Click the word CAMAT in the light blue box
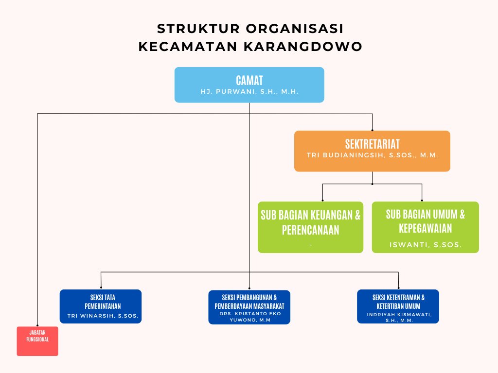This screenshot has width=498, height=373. click(x=249, y=81)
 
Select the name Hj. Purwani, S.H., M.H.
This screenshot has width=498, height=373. click(x=249, y=92)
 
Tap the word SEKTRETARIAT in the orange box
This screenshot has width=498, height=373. click(x=372, y=144)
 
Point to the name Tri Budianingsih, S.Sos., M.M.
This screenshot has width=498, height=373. click(x=372, y=155)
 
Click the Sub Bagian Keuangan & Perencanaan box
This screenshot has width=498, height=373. click(x=310, y=227)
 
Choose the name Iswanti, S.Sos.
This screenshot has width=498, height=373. click(x=425, y=245)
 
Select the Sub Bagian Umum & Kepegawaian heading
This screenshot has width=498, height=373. click(x=425, y=221)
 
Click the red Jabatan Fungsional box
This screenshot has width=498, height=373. click(x=37, y=341)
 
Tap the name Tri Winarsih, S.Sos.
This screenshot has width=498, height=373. click(x=103, y=316)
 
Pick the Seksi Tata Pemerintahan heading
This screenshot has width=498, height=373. click(x=103, y=302)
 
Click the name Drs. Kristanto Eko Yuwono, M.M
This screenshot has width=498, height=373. click(x=249, y=317)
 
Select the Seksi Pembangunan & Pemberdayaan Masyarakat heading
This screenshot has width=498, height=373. click(x=249, y=302)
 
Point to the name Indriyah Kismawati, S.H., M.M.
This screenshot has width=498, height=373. click(x=399, y=318)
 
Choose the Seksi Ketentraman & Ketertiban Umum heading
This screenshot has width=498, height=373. click(x=398, y=302)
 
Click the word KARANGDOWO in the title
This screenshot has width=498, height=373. click(x=303, y=47)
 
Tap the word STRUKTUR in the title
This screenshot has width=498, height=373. click(x=198, y=29)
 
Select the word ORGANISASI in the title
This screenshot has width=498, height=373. click(x=295, y=29)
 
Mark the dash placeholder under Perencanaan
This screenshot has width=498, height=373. click(x=310, y=245)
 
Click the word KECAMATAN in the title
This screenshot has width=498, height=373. click(x=188, y=47)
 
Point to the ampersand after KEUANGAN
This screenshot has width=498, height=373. click(x=357, y=215)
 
